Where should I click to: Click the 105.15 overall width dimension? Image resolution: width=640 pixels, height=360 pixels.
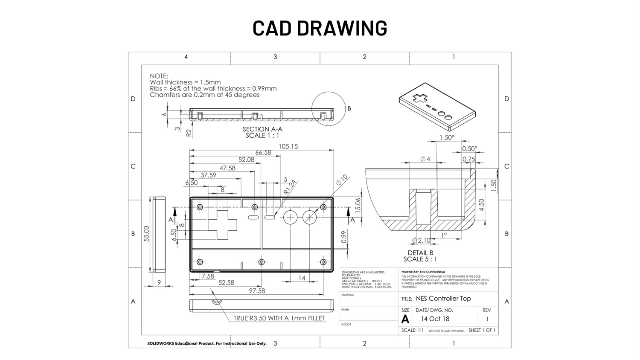(x=288, y=146)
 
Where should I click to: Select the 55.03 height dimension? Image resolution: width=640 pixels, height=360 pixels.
(x=146, y=234)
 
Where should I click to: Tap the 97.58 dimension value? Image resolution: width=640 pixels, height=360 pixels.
(x=256, y=291)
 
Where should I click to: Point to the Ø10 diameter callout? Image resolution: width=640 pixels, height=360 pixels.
(x=342, y=180)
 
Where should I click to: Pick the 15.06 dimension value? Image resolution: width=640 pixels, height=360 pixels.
(x=358, y=205)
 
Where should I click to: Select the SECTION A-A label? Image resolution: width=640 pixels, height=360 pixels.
(x=262, y=129)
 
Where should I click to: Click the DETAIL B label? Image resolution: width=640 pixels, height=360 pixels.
(x=420, y=253)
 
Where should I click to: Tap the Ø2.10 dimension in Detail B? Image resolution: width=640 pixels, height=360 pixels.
(x=421, y=241)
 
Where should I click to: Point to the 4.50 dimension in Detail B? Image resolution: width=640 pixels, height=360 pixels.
(x=481, y=205)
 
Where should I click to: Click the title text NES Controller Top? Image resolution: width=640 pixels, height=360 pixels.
(x=443, y=299)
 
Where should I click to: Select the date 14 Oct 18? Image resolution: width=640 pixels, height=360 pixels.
(x=435, y=319)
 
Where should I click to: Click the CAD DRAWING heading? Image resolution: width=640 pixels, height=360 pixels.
(x=320, y=28)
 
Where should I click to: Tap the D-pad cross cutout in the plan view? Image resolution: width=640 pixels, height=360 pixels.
(x=222, y=224)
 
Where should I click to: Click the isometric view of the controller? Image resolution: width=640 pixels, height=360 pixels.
(x=437, y=107)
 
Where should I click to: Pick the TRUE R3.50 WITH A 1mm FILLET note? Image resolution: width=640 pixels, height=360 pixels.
(x=279, y=318)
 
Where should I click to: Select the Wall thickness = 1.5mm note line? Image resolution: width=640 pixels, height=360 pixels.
(x=185, y=82)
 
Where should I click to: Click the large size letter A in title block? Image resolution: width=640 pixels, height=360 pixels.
(x=405, y=319)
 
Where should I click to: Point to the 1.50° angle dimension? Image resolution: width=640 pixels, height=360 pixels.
(x=447, y=137)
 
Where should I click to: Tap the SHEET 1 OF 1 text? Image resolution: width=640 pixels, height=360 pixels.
(x=482, y=330)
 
